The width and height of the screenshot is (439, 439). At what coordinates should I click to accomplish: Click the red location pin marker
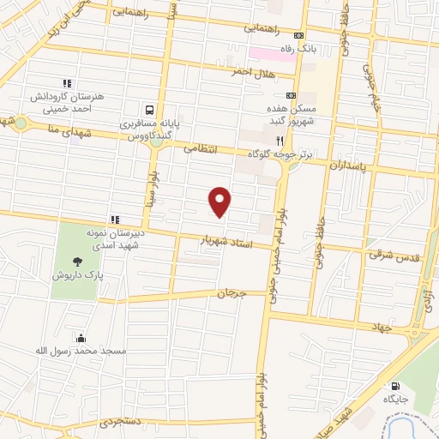click(221, 201)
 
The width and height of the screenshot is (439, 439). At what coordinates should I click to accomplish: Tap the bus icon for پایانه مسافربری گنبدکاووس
click(150, 110)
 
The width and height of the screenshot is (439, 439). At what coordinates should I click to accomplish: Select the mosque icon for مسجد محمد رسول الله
click(81, 338)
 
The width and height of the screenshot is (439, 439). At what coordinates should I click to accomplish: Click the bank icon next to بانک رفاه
click(298, 35)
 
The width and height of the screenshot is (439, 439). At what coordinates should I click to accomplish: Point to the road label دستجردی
click(117, 422)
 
